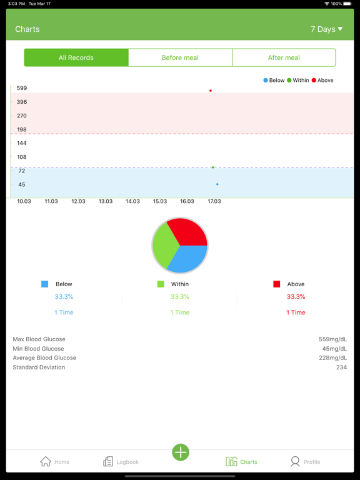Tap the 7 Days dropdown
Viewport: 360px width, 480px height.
click(326, 29)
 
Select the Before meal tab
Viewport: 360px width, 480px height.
click(180, 57)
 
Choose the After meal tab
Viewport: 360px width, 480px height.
click(284, 57)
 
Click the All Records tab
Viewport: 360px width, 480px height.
click(76, 57)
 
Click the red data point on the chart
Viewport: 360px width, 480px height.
click(211, 91)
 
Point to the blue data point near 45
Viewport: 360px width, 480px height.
click(217, 184)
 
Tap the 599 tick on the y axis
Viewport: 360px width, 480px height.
click(22, 88)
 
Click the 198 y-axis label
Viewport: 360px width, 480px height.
click(22, 129)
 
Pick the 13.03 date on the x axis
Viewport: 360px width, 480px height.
click(106, 201)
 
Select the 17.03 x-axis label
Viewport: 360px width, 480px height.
click(214, 201)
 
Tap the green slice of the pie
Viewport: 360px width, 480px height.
click(164, 245)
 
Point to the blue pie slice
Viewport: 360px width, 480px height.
click(190, 259)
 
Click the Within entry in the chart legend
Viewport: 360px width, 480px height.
click(298, 81)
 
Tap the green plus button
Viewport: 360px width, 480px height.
click(181, 452)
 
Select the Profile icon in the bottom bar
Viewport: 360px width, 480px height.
click(295, 461)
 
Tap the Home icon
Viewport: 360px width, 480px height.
click(46, 461)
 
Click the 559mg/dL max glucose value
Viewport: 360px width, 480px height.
click(332, 339)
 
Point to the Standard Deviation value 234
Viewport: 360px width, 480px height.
click(341, 367)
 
